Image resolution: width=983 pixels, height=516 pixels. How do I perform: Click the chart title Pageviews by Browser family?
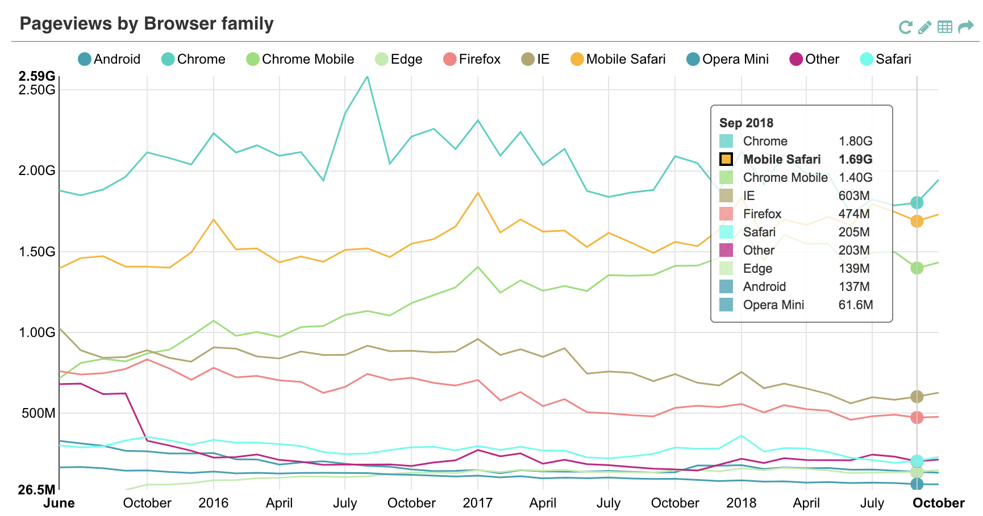pos(147,24)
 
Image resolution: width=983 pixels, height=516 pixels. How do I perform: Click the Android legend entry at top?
pos(109,59)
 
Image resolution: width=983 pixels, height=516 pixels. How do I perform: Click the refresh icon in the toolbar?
pos(905,27)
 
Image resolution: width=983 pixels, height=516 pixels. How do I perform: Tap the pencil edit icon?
pos(924,27)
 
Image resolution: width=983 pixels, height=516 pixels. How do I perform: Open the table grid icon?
pos(944,27)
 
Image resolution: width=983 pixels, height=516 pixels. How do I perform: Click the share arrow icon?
pos(965,27)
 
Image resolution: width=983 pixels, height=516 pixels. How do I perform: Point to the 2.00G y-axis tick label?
pos(38,170)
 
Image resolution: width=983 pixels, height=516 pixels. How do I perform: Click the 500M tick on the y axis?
pos(39,413)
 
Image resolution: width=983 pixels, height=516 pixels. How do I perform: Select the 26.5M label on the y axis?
pos(37,490)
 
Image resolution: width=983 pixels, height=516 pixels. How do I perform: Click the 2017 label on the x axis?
pos(477,503)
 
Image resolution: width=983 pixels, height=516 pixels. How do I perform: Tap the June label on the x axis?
pos(59,503)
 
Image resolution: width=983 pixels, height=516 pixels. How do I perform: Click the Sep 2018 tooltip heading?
pos(746,123)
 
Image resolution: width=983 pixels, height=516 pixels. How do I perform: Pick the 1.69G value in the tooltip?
pos(855,159)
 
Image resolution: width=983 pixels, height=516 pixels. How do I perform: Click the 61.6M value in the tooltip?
pos(855,305)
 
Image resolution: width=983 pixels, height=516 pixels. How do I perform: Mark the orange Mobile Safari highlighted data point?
pos(917,221)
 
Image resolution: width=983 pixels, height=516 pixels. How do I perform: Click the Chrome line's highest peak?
pos(367,77)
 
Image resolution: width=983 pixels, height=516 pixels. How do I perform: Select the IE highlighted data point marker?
pos(917,397)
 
